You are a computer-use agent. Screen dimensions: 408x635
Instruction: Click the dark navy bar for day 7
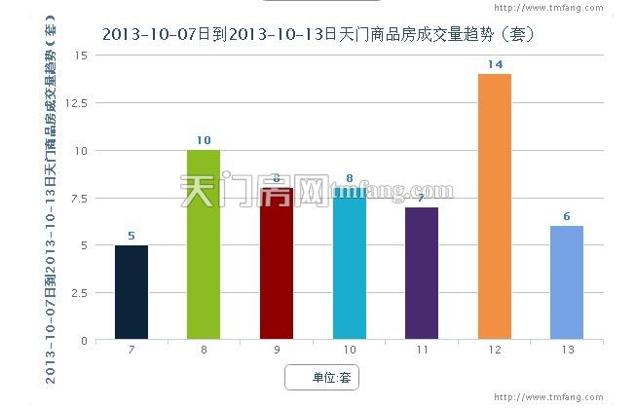pos(131,292)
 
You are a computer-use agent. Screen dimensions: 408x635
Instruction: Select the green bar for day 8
pos(204,244)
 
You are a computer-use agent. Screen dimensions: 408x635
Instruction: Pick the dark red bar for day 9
pos(277,263)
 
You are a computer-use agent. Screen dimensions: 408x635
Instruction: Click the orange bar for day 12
pos(494,206)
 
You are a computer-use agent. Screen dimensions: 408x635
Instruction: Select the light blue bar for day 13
pos(567,282)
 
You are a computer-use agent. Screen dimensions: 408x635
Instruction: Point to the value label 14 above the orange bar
pos(494,64)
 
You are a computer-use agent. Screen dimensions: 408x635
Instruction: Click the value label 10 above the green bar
pos(204,140)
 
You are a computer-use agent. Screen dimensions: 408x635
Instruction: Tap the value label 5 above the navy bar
pos(131,235)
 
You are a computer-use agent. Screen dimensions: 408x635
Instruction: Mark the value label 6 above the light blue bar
pos(567,216)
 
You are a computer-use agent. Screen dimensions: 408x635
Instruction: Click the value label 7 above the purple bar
pos(422,198)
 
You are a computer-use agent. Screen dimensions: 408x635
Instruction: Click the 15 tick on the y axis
pos(81,56)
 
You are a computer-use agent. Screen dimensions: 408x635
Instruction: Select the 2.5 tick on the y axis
pos(78,292)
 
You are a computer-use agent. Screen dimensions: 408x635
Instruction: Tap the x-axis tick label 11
pos(422,349)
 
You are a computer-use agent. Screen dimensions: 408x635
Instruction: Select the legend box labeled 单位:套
pos(322,377)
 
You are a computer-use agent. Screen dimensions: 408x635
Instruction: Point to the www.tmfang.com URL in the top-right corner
pos(580,11)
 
